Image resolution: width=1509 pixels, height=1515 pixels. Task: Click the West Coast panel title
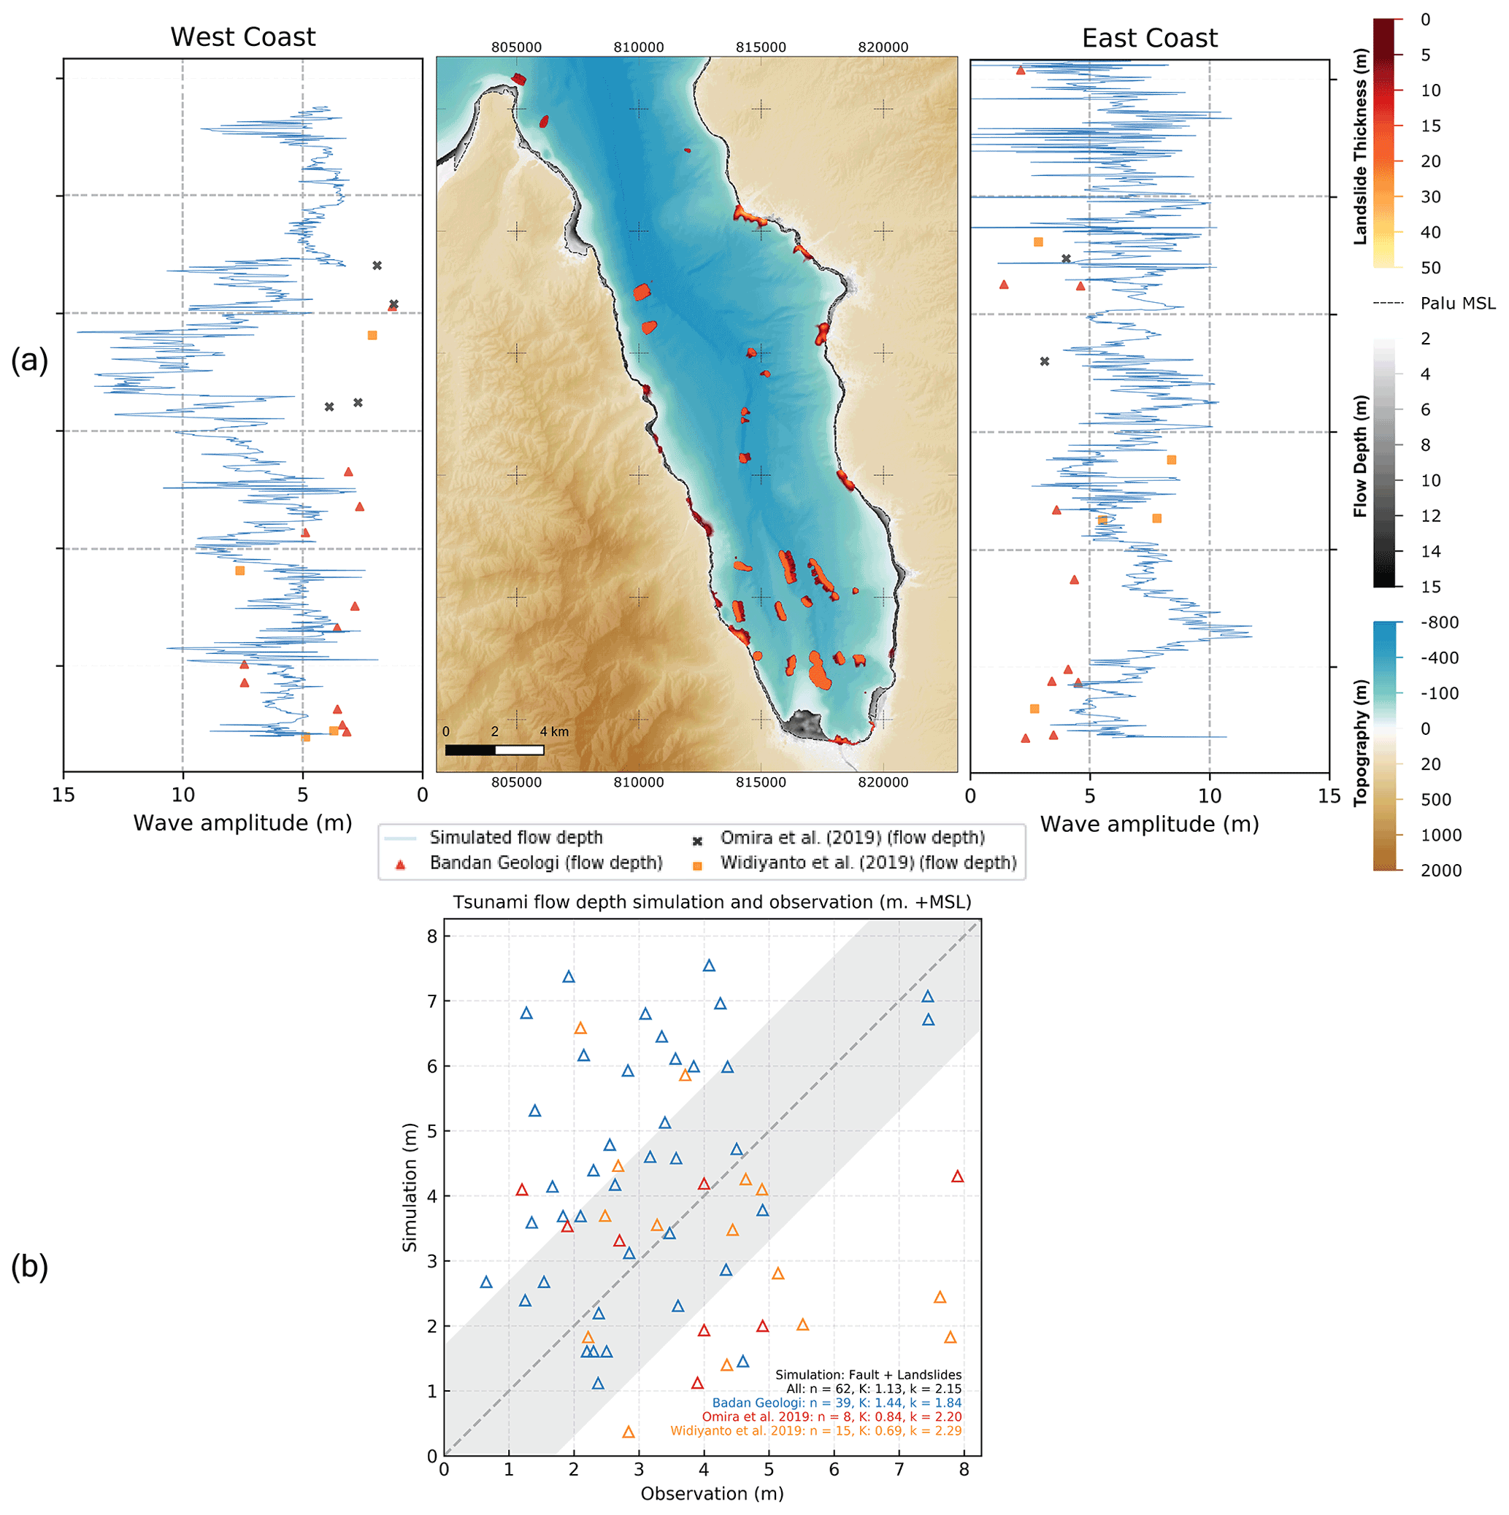coord(242,37)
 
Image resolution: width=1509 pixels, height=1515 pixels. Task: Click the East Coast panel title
coord(1149,38)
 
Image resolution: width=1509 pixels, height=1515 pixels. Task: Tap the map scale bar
coord(494,749)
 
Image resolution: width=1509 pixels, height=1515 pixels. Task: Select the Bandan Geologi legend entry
coord(545,863)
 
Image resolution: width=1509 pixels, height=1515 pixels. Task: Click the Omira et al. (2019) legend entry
coord(852,838)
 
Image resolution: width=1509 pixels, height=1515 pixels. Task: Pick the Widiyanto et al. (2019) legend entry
coord(867,863)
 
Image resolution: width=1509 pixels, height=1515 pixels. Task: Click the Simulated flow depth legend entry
coord(515,838)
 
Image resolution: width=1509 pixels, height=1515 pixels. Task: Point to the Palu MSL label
coord(1457,304)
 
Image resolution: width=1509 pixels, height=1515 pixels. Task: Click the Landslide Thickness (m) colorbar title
coord(1361,147)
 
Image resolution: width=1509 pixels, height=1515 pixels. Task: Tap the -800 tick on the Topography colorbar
coord(1439,622)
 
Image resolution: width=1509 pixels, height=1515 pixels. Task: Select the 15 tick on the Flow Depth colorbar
coord(1431,587)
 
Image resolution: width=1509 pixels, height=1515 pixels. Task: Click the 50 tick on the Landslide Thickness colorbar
coord(1431,267)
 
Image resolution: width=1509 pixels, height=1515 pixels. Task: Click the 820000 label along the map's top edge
coord(883,47)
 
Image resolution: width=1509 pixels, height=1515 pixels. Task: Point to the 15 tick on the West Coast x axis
coord(64,795)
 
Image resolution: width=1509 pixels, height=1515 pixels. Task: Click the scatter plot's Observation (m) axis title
coord(711,1493)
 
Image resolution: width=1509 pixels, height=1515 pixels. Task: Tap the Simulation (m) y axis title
coord(410,1187)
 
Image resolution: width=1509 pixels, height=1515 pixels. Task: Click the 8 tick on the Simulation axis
coord(431,936)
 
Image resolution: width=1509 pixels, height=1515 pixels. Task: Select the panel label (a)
coord(29,360)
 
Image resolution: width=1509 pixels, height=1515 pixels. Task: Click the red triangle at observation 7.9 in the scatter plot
coord(957,1177)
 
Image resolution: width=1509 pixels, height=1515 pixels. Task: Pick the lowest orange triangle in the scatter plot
coord(629,1433)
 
